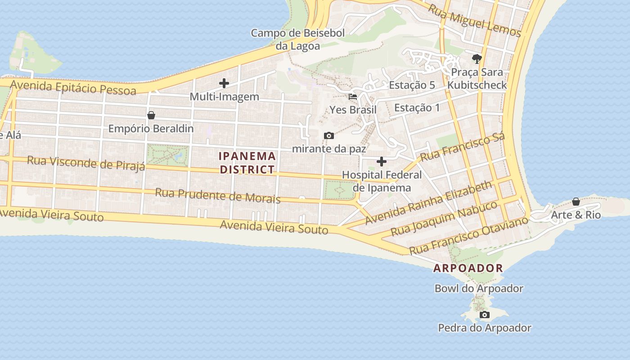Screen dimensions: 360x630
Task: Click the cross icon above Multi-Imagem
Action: tap(224, 83)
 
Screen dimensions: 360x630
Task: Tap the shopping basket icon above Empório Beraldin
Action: tap(151, 115)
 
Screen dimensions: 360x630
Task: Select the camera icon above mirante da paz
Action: tap(329, 135)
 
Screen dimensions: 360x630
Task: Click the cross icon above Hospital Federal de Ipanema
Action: tap(382, 162)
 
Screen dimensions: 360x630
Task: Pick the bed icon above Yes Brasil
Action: tap(353, 97)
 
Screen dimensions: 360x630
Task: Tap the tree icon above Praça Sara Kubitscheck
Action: tap(477, 58)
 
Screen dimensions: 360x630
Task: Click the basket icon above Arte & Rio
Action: tap(576, 202)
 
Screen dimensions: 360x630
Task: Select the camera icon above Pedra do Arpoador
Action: tap(484, 315)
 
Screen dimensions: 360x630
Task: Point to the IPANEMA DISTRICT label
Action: tap(247, 162)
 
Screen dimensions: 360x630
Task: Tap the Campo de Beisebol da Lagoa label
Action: tap(298, 40)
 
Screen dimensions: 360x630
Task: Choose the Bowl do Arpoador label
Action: tap(479, 288)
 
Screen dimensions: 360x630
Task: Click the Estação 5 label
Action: tap(412, 85)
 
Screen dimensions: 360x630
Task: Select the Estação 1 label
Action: tap(417, 108)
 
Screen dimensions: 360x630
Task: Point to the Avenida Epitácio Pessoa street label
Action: tap(73, 87)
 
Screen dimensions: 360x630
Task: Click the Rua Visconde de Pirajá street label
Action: tap(86, 163)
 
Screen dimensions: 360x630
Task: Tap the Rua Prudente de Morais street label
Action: tap(218, 196)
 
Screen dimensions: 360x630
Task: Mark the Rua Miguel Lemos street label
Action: tap(474, 21)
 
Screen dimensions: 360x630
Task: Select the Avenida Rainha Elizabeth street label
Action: tap(428, 203)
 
